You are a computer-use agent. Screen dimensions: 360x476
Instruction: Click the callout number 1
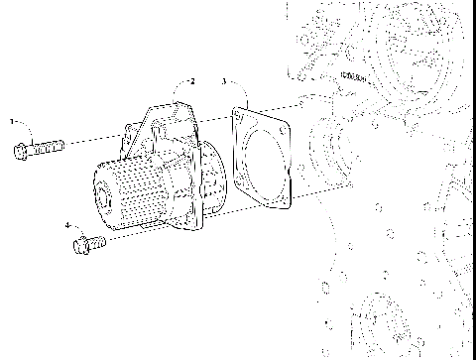(x=12, y=121)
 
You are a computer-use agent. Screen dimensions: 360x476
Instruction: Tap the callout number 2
(x=192, y=80)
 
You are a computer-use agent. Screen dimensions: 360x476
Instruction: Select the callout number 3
(x=224, y=80)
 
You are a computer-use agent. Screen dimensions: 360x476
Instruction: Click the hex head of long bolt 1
(x=22, y=151)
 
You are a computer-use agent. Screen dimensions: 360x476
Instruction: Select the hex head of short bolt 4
(x=80, y=244)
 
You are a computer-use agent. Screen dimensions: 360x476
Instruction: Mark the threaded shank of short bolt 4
(x=97, y=239)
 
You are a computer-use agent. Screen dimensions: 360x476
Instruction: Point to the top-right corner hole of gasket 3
(x=285, y=128)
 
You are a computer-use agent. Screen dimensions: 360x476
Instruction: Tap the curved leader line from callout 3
(x=234, y=94)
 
